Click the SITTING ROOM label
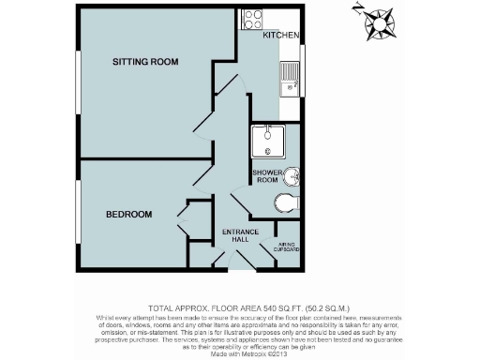coord(145,62)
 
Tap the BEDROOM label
coord(128,215)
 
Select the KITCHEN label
coord(280,36)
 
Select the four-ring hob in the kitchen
coord(252,18)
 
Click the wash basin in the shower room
coord(293,176)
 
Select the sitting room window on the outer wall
coord(78,80)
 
